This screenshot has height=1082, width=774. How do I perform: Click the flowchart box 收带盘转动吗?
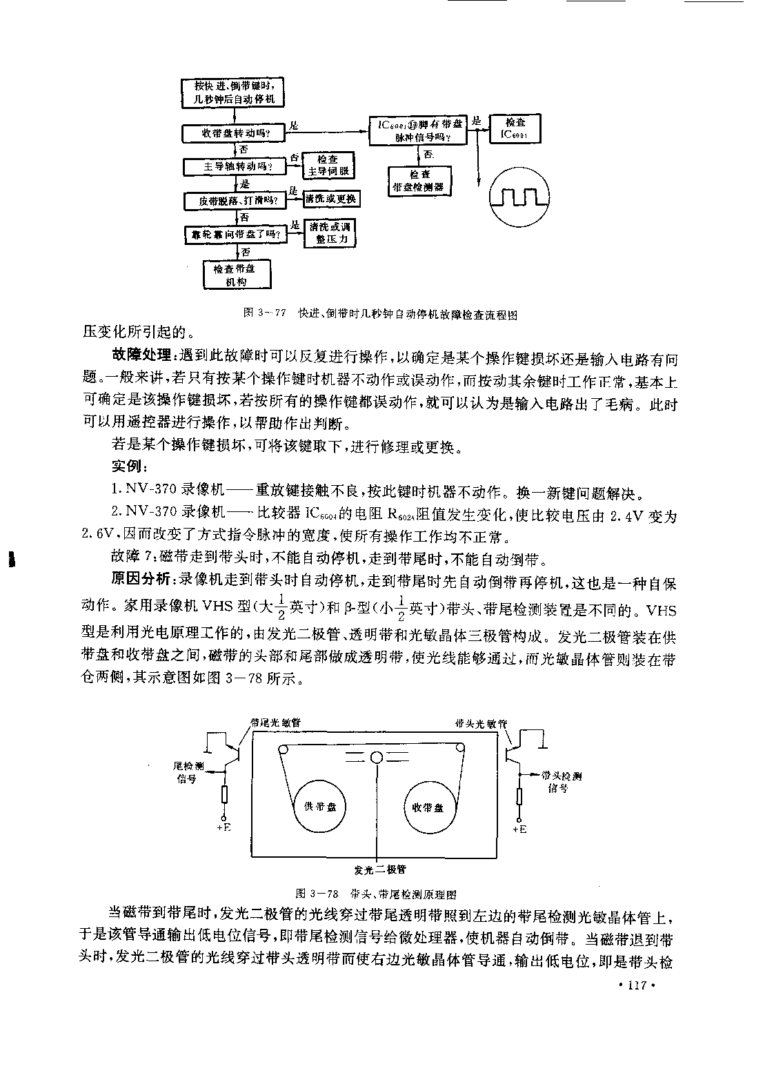click(x=235, y=133)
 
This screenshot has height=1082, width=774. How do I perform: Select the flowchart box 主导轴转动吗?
click(x=235, y=167)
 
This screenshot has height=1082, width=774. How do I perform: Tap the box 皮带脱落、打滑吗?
click(x=235, y=201)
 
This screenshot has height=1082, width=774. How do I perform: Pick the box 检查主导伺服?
click(x=328, y=166)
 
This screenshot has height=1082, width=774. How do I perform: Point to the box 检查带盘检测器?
click(x=419, y=181)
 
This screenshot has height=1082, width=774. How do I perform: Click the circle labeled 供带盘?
click(x=316, y=807)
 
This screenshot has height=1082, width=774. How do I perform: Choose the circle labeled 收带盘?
click(x=428, y=807)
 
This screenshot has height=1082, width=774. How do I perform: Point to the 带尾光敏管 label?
click(x=276, y=722)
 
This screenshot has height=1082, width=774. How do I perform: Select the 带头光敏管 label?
click(x=481, y=724)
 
